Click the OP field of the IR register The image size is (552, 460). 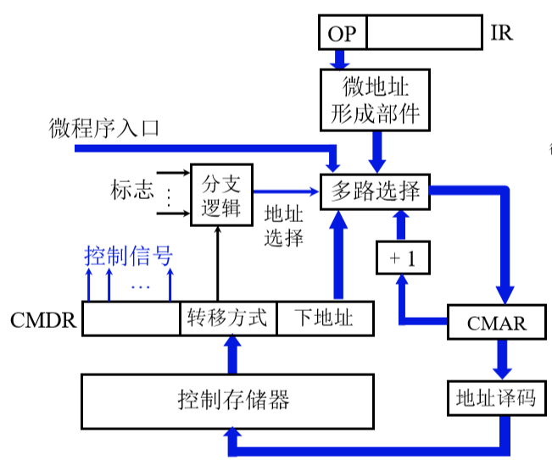(x=343, y=32)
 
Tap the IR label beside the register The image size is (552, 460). (x=502, y=33)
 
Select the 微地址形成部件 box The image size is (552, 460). (x=375, y=100)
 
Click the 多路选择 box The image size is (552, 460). (x=375, y=191)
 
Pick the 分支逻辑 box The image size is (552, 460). (x=222, y=195)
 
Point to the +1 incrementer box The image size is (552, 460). (x=403, y=258)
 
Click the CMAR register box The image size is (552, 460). (x=497, y=322)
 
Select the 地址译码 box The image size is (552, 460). (x=497, y=398)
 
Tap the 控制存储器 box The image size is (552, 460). (x=227, y=402)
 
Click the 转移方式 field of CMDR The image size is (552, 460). (x=228, y=319)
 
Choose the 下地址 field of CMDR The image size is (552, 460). (x=326, y=319)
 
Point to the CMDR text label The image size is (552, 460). (x=43, y=320)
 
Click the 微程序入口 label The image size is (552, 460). (x=103, y=128)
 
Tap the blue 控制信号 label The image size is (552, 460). (x=128, y=256)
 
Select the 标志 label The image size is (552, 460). (x=132, y=190)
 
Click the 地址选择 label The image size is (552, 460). (x=284, y=226)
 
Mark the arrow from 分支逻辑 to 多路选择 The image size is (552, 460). (x=287, y=191)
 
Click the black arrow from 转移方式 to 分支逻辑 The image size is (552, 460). (x=218, y=263)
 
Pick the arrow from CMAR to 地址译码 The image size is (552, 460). (x=502, y=360)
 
